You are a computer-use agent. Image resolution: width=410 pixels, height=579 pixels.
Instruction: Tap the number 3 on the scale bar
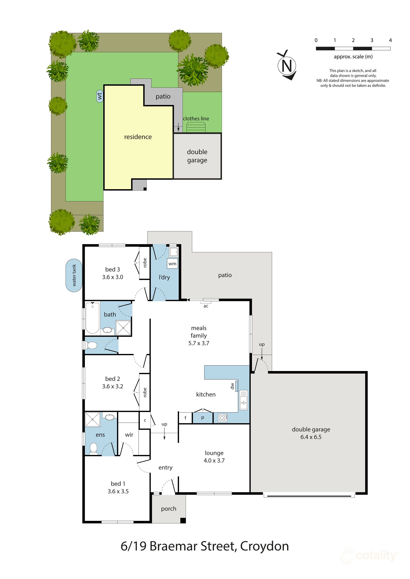pos(372,40)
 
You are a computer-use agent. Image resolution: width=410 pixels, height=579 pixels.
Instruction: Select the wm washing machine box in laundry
pos(172,264)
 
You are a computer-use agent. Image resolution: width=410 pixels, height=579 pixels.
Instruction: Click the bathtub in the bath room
pos(92,318)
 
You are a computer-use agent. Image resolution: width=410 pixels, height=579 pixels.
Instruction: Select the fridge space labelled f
pos(185,418)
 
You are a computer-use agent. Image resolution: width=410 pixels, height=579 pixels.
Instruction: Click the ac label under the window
pos(206,306)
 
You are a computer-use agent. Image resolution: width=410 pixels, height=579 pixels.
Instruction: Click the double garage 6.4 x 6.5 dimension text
pos(311,437)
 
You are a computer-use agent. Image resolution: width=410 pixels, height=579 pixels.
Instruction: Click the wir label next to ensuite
pos(129,435)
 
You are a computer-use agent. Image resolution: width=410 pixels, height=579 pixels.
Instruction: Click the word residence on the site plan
pos(138,137)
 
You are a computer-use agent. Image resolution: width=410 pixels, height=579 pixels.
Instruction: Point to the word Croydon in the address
pos(264,546)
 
